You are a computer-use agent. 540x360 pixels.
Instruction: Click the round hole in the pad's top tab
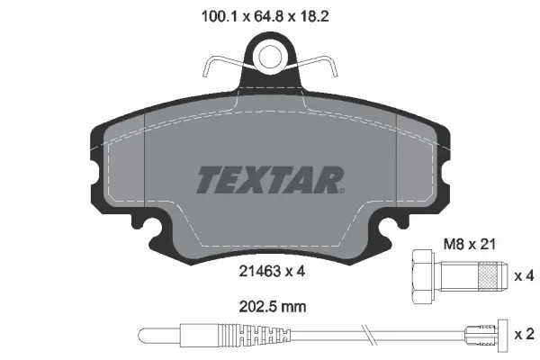(x=270, y=57)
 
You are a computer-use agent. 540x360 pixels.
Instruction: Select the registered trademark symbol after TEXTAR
(x=341, y=190)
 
